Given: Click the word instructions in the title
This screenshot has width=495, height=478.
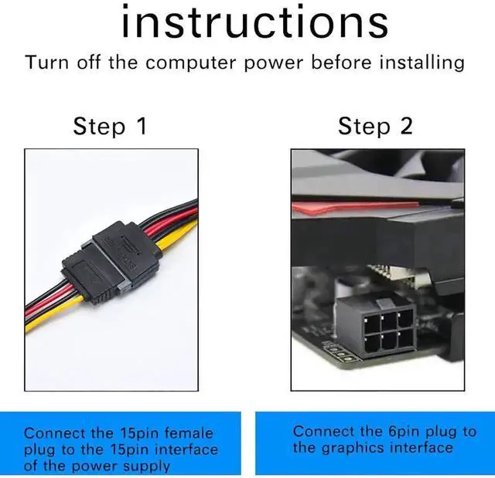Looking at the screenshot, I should [x=254, y=22].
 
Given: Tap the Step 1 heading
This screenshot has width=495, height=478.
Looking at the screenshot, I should [x=110, y=125].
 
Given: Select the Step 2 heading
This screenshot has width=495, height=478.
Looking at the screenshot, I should [x=375, y=125].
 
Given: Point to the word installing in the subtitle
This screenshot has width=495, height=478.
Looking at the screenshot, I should [x=422, y=63].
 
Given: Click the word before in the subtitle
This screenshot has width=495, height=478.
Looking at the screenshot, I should [x=341, y=63].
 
